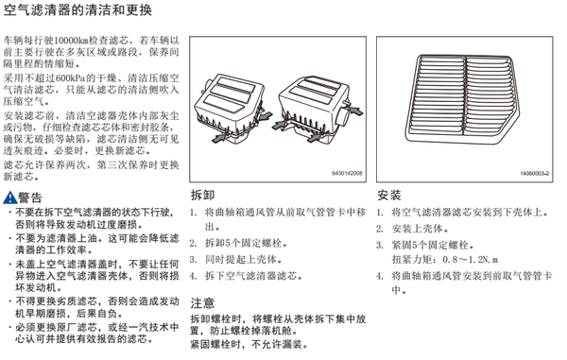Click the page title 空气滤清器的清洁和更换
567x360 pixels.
point(77,10)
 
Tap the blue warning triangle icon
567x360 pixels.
point(9,197)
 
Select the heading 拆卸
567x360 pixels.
point(202,196)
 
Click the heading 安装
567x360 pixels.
point(389,196)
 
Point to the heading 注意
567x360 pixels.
point(202,303)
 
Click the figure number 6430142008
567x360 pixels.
point(347,174)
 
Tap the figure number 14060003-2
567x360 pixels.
point(535,174)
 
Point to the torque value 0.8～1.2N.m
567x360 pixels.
point(471,260)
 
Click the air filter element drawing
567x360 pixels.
point(462,98)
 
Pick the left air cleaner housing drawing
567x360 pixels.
point(231,109)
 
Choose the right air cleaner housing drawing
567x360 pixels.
point(318,110)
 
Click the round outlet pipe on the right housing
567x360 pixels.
point(343,115)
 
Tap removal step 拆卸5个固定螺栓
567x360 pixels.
point(247,243)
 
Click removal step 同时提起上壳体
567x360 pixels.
point(244,260)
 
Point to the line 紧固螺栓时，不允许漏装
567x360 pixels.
point(249,345)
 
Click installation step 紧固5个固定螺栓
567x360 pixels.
point(433,245)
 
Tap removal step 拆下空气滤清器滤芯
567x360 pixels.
point(254,276)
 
